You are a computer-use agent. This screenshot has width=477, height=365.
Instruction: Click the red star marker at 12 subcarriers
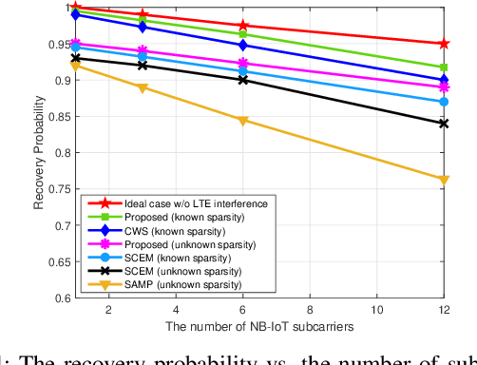(443, 44)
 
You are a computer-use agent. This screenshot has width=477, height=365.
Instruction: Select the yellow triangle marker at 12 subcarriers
(443, 179)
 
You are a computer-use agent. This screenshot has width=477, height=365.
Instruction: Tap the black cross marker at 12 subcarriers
(443, 124)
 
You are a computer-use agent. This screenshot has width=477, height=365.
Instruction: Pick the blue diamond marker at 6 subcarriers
(242, 45)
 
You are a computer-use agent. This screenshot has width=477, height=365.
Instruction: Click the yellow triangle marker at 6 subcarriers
(242, 121)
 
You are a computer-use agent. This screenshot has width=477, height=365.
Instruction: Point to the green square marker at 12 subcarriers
(443, 67)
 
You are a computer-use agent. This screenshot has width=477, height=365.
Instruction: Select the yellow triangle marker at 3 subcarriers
(143, 87)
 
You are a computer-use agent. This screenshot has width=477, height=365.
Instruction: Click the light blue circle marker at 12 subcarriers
(443, 102)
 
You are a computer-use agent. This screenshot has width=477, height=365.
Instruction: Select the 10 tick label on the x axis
(376, 311)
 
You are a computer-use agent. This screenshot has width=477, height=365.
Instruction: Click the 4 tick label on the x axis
(176, 311)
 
